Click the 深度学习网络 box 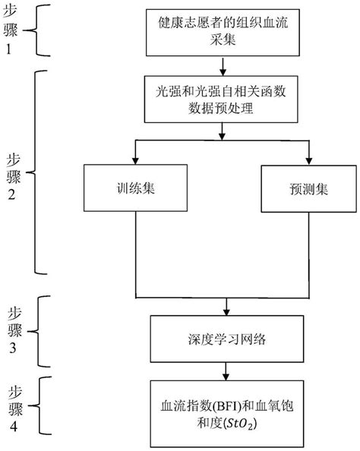(226, 336)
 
